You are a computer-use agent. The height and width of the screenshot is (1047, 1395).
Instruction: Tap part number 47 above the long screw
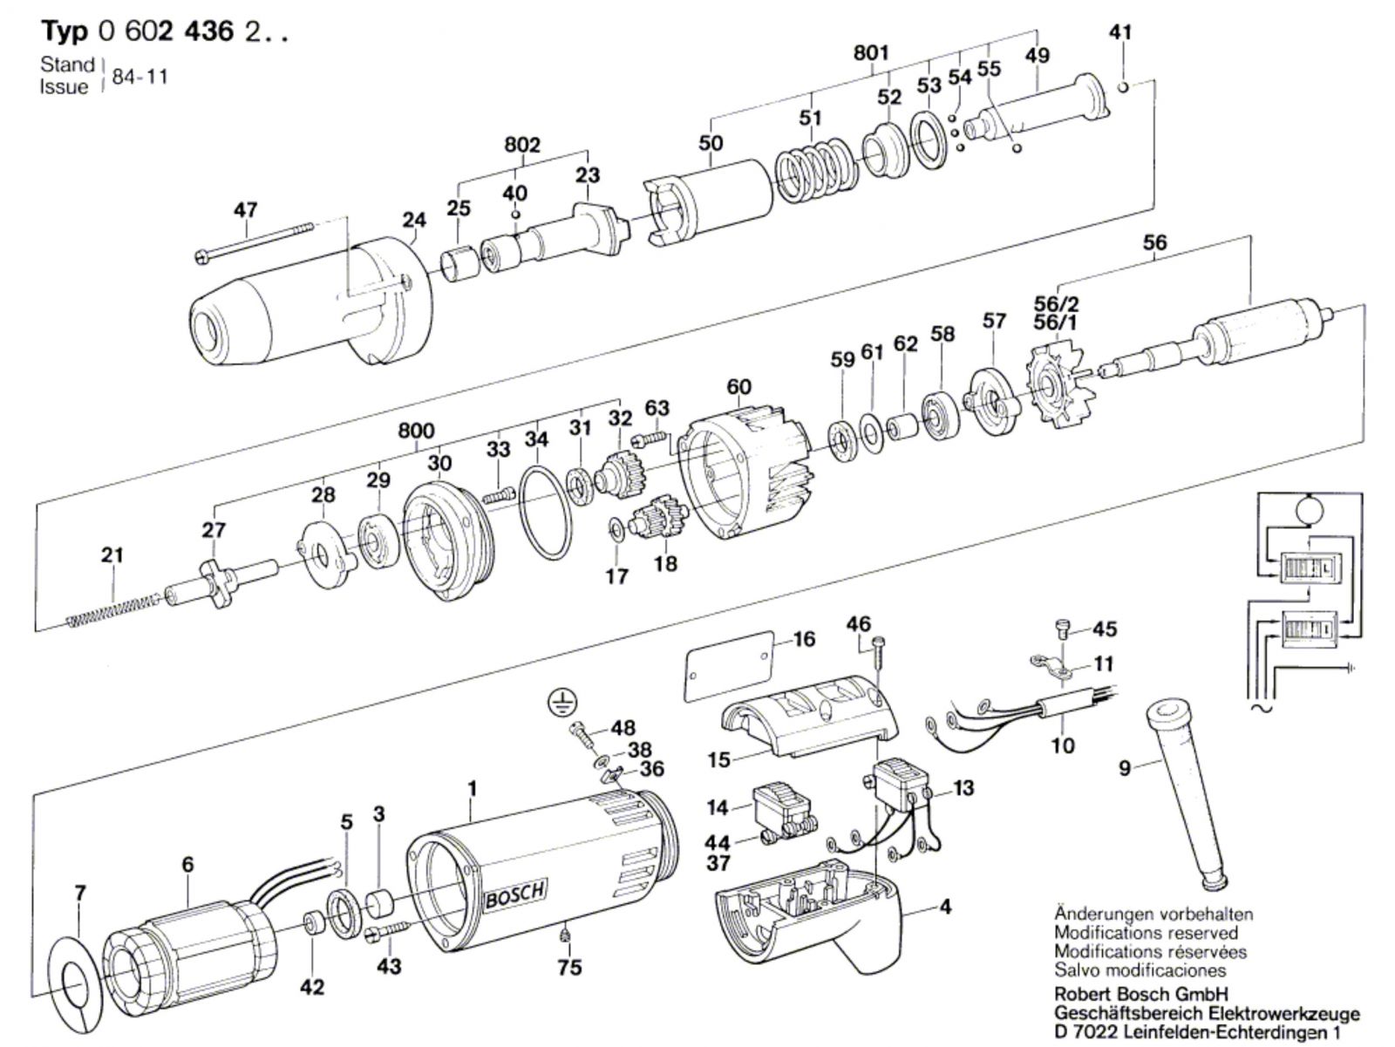coord(245,210)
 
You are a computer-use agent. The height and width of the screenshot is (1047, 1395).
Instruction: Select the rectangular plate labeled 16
coord(730,667)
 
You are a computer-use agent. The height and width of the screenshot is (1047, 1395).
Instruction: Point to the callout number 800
coord(416,430)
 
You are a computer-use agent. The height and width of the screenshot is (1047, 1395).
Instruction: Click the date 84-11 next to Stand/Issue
coord(139,77)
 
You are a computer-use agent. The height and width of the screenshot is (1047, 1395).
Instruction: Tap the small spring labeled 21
coord(113,610)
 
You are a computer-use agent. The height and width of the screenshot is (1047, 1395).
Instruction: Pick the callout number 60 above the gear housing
coord(738,386)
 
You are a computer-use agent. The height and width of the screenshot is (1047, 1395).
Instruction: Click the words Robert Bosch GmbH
coord(1140,993)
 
